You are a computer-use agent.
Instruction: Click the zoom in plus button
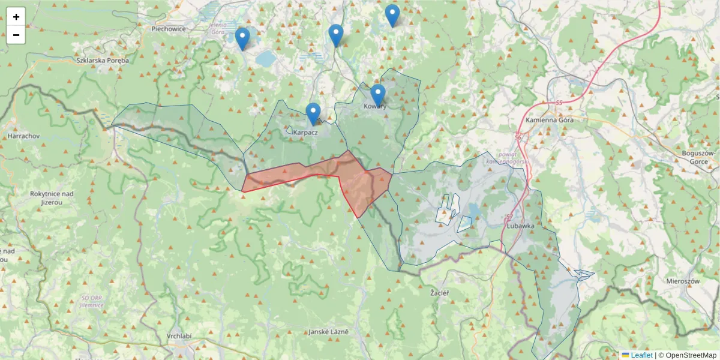[x=16, y=17]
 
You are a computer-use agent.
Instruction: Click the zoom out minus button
[x=16, y=35]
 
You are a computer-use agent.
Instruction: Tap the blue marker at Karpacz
[x=313, y=113]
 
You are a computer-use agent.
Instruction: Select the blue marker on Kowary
[x=377, y=95]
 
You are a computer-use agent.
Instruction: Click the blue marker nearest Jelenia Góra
[x=242, y=38]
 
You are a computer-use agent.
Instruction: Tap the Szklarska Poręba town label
[x=103, y=60]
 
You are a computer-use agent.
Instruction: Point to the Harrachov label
[x=23, y=136]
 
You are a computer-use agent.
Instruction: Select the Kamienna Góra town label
[x=550, y=120]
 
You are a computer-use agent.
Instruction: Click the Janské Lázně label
[x=329, y=332]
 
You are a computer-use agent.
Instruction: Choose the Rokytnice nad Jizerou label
[x=52, y=198]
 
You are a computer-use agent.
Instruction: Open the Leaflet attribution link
[x=641, y=355]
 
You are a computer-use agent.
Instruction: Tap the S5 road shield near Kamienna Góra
[x=559, y=103]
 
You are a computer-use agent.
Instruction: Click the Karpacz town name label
[x=305, y=132]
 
